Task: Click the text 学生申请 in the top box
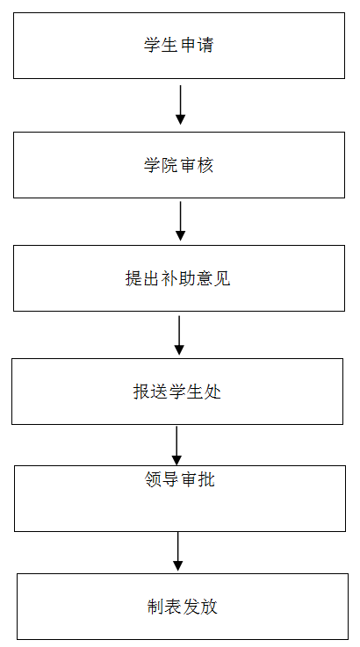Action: [179, 45]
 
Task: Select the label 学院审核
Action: [179, 165]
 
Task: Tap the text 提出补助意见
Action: [178, 278]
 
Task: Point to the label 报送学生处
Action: [177, 392]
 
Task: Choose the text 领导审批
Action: [180, 479]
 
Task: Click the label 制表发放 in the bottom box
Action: [182, 607]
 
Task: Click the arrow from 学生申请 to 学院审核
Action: [180, 104]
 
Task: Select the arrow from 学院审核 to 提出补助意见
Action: [180, 220]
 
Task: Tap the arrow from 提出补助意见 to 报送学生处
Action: [179, 335]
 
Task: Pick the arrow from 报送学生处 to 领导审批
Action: [176, 446]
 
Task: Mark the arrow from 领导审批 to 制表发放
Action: [178, 551]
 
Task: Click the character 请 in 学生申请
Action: [205, 45]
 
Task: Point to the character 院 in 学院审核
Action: [170, 165]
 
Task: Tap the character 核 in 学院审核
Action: [205, 165]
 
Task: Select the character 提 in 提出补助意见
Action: [133, 278]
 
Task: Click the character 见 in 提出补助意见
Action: [222, 278]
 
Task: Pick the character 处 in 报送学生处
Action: [213, 392]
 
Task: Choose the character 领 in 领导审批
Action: [153, 479]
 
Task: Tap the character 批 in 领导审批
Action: [206, 479]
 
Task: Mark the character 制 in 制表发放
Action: [155, 607]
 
